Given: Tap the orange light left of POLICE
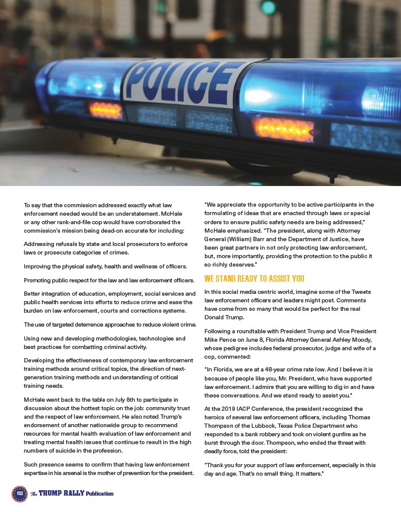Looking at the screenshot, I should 105,110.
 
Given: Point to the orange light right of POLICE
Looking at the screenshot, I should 275,127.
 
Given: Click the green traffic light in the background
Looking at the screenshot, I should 268,7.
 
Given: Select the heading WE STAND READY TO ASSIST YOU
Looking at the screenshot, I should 254,279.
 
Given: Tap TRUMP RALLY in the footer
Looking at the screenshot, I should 61,494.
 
